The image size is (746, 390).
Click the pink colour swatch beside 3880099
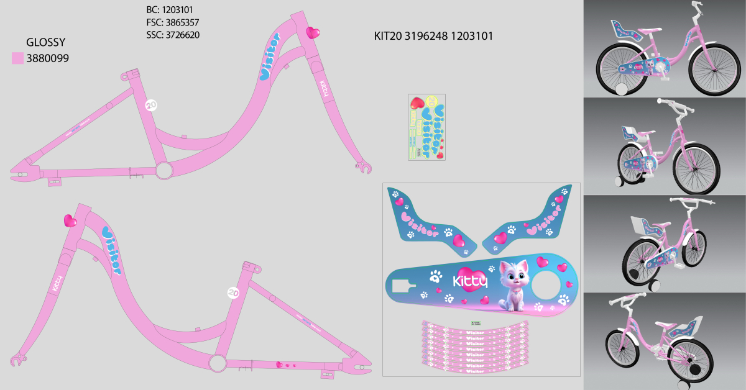(17, 59)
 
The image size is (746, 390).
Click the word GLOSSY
(45, 42)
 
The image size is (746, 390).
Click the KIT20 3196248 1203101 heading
(433, 36)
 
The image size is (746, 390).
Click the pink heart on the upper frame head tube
(313, 32)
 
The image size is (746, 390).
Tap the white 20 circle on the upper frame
(151, 105)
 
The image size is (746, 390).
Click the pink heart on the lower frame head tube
(70, 220)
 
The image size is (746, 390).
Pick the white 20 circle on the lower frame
(234, 292)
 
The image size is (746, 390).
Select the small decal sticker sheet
(426, 127)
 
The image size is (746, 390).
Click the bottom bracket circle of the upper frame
(163, 170)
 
